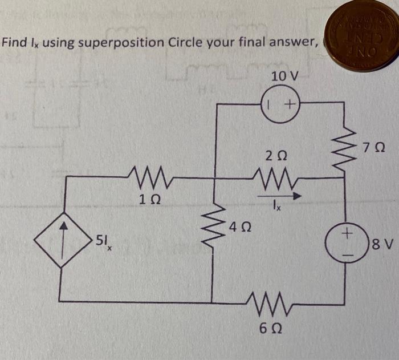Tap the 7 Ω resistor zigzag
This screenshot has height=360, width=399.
[x=344, y=149]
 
